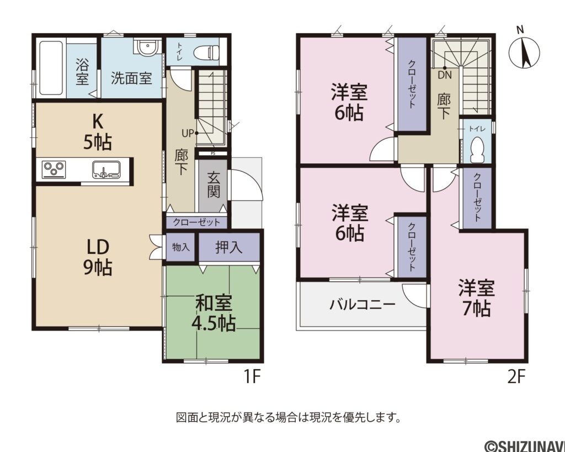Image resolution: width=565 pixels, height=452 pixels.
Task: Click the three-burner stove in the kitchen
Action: click(x=54, y=169)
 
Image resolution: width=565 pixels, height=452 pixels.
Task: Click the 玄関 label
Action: click(x=213, y=184)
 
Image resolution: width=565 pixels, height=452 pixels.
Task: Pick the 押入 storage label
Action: click(x=229, y=247)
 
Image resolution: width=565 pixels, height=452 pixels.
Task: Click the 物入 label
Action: click(x=180, y=247)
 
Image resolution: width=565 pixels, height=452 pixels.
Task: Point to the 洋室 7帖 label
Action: click(x=476, y=298)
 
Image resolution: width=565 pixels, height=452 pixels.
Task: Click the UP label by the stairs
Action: click(x=188, y=134)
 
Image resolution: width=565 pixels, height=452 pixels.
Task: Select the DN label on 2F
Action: click(x=445, y=76)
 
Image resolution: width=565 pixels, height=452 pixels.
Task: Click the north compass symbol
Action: click(x=525, y=49)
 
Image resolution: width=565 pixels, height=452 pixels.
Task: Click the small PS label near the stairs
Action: click(x=213, y=153)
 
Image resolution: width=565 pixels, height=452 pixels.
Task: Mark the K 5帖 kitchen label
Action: click(x=98, y=132)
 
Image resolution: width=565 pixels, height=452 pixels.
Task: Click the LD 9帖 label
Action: click(x=98, y=257)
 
